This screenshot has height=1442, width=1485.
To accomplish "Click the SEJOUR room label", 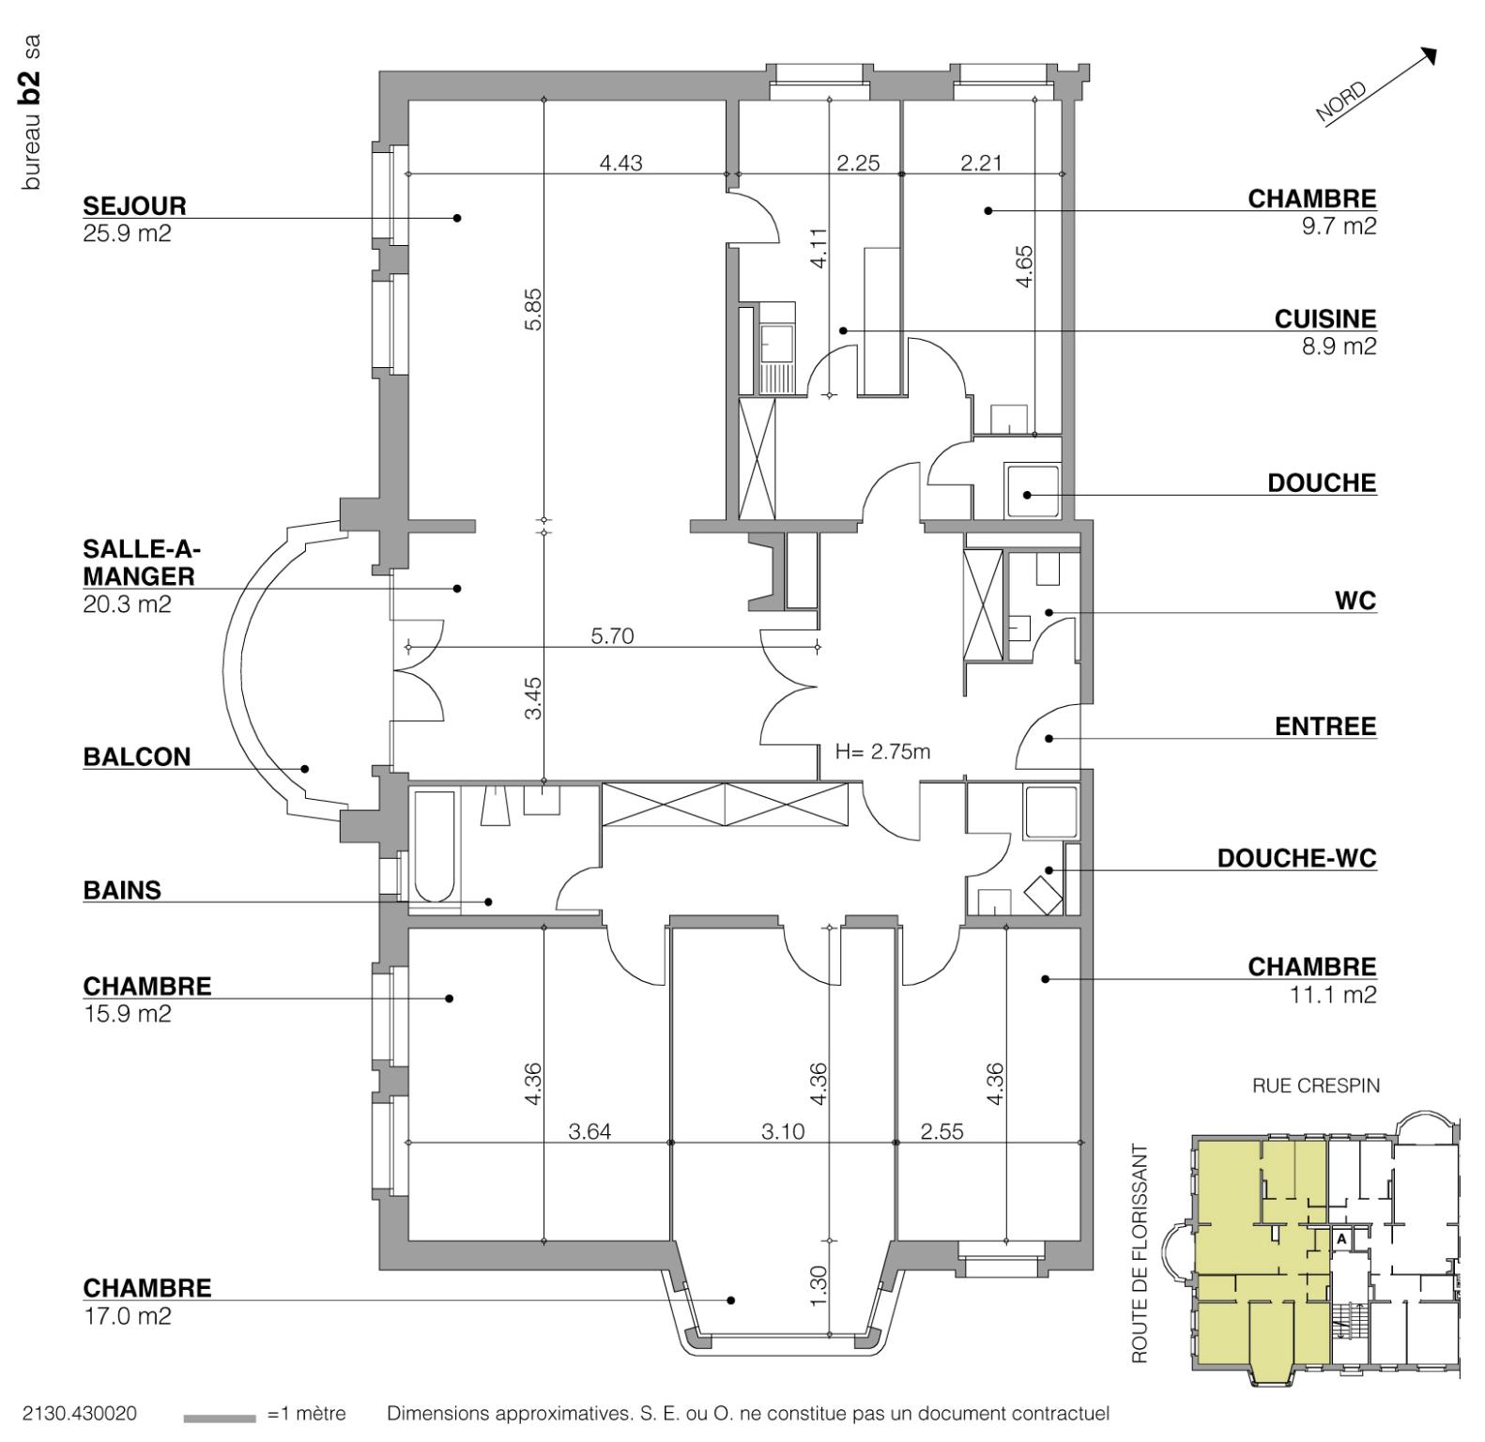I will tap(134, 206).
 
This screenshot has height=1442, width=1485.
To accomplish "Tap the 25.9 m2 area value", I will tap(127, 234).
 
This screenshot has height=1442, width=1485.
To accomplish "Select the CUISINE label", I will tap(1324, 319).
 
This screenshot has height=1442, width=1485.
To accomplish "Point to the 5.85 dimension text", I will tap(533, 309).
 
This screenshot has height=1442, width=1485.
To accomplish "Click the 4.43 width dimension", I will tap(620, 163).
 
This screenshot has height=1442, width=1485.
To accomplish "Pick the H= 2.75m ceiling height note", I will tap(882, 752).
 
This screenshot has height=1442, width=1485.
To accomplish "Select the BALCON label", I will tap(136, 757).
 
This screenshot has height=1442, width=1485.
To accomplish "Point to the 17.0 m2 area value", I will tap(127, 1316).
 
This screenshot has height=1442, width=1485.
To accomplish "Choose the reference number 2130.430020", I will tap(79, 1414).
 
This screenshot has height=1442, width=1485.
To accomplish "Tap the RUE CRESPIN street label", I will tap(1315, 1086).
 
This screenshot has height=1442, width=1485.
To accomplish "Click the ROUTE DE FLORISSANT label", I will tap(1140, 1252).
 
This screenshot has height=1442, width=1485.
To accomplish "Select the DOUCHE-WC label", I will tap(1296, 858).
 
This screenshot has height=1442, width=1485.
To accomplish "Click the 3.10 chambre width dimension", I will tap(782, 1132).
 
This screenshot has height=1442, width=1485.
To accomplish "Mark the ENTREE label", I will tap(1324, 727).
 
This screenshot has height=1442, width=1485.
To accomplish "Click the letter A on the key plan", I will tap(1342, 1239).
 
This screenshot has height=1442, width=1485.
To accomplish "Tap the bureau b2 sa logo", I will tap(32, 113).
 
